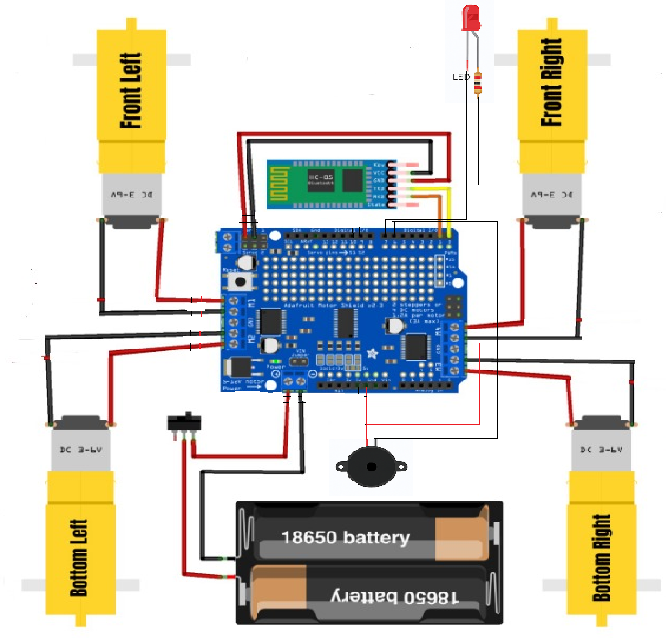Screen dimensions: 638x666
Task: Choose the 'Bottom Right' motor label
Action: [600, 558]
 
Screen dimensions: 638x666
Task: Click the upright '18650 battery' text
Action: [345, 537]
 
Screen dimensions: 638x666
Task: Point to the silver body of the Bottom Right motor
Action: [599, 447]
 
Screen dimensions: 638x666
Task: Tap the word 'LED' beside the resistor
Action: [460, 77]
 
